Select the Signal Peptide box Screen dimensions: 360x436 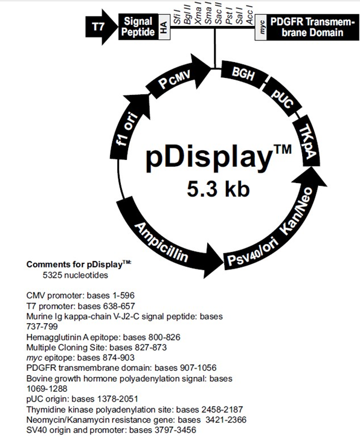coord(138,27)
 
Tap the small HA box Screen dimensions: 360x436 coord(164,27)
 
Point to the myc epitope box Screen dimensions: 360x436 coord(261,27)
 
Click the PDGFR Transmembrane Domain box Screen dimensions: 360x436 coord(313,27)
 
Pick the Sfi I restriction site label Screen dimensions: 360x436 coord(177,16)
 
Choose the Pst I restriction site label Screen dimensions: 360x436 coord(229,17)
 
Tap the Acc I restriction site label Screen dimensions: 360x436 coord(249,17)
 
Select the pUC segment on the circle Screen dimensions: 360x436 coord(282,98)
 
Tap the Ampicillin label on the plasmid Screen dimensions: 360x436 coord(162,242)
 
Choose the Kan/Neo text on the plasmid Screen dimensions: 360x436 coord(297,211)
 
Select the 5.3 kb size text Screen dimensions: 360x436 coord(218,189)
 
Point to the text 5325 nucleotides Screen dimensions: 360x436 coord(75,275)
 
